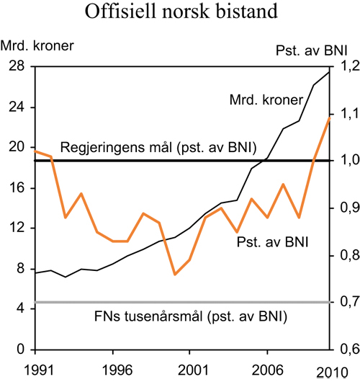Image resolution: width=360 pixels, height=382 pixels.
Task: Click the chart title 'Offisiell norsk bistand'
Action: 179,13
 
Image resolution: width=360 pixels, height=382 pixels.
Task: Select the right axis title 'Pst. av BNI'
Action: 311,50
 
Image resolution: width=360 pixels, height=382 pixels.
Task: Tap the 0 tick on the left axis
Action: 19,350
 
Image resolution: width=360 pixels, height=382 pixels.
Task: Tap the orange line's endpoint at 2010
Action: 329,117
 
